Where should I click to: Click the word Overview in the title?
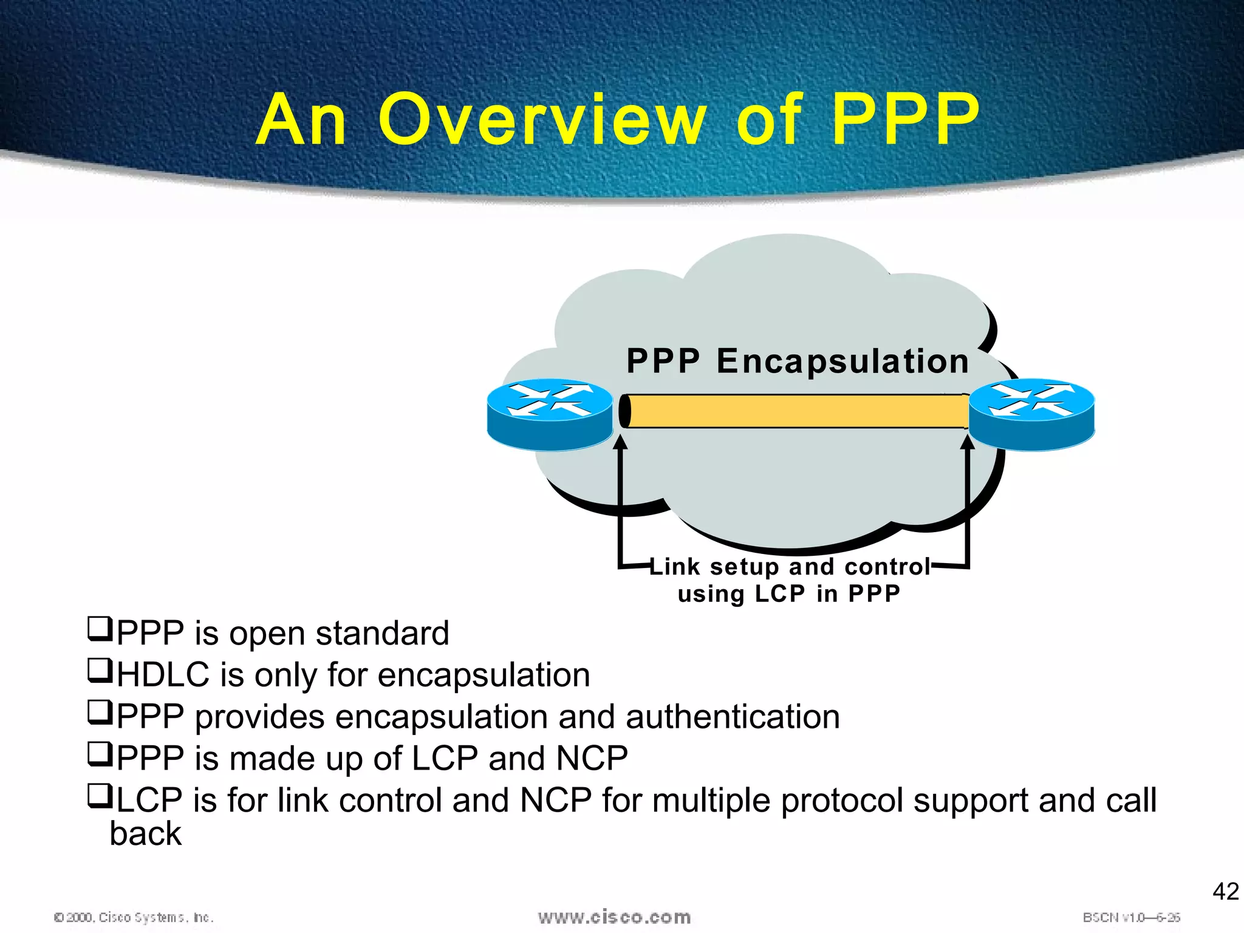(x=542, y=120)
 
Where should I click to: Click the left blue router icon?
(x=550, y=414)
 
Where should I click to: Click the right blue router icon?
(x=1031, y=414)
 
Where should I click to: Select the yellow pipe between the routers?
(x=796, y=411)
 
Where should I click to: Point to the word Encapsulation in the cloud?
(x=842, y=361)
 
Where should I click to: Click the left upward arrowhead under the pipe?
(x=620, y=442)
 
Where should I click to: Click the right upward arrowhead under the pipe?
(x=968, y=442)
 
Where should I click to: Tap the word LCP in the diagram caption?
(x=780, y=593)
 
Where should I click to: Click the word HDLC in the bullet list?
(x=163, y=675)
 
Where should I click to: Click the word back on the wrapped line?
(x=146, y=833)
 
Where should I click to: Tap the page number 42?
(x=1225, y=892)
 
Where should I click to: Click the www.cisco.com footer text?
(x=614, y=917)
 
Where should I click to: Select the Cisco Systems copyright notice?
(x=134, y=917)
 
